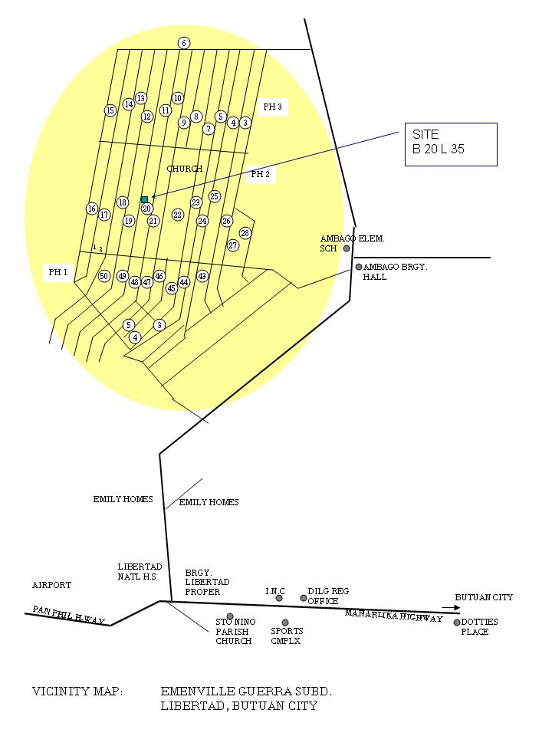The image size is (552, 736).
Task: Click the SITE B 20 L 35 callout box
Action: point(450,144)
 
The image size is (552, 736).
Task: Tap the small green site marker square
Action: point(144,199)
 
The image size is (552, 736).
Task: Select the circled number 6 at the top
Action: point(184,43)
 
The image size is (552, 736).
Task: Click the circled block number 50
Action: point(104,276)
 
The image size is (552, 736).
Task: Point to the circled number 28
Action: point(245,233)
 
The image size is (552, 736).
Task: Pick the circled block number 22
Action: point(178,215)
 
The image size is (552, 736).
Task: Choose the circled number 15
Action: point(110,110)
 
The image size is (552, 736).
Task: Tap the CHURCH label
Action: point(185,169)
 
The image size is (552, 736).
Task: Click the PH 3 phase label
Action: point(273,107)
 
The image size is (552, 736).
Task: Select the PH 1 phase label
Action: point(58,272)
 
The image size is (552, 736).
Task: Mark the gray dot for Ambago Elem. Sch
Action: point(347,248)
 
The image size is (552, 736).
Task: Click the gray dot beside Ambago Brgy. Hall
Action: point(358,267)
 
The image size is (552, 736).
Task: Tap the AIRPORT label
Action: point(51,585)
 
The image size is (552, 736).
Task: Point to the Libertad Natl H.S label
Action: point(139,571)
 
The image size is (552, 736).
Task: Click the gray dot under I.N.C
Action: point(279,598)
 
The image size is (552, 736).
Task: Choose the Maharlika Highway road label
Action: point(393,616)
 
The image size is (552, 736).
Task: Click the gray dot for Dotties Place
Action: point(457,623)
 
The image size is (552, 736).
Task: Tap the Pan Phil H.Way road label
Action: point(68,615)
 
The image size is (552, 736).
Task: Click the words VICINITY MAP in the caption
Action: point(77,692)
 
